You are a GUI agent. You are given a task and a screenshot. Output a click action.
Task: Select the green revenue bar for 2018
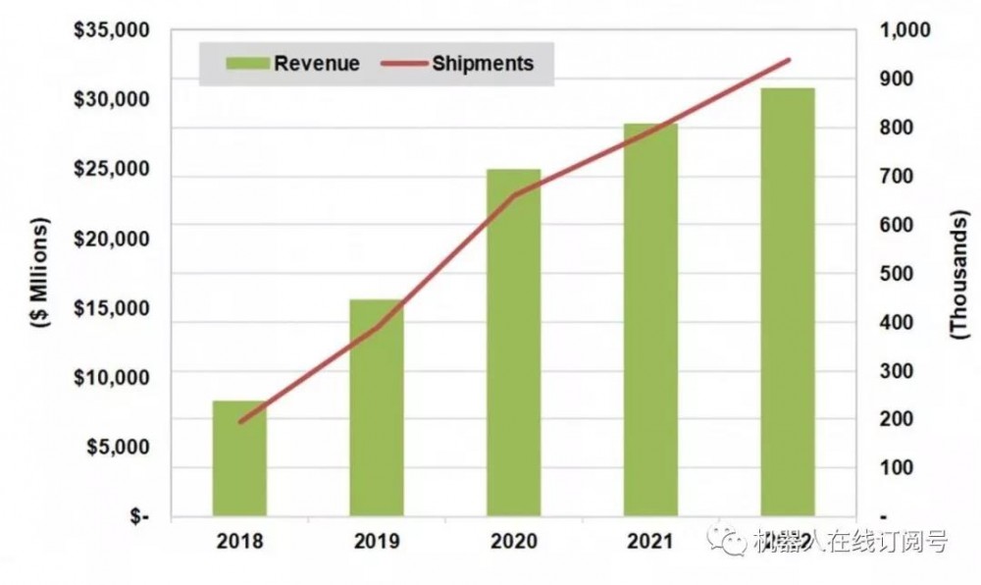tap(239, 458)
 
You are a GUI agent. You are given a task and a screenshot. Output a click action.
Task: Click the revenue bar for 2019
tap(377, 407)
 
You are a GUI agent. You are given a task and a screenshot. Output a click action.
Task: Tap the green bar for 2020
tap(513, 343)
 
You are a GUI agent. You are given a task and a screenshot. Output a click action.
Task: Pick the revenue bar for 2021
tap(650, 320)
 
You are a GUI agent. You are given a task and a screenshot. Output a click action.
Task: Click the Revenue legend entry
tap(293, 64)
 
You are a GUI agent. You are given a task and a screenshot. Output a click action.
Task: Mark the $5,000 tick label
tap(116, 447)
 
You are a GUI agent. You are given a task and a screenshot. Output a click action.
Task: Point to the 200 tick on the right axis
tap(904, 420)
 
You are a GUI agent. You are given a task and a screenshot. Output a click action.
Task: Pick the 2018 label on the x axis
tap(239, 540)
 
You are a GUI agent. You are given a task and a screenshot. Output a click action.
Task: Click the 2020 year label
tap(513, 540)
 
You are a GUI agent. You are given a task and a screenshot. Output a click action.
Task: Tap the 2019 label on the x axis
tap(377, 540)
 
